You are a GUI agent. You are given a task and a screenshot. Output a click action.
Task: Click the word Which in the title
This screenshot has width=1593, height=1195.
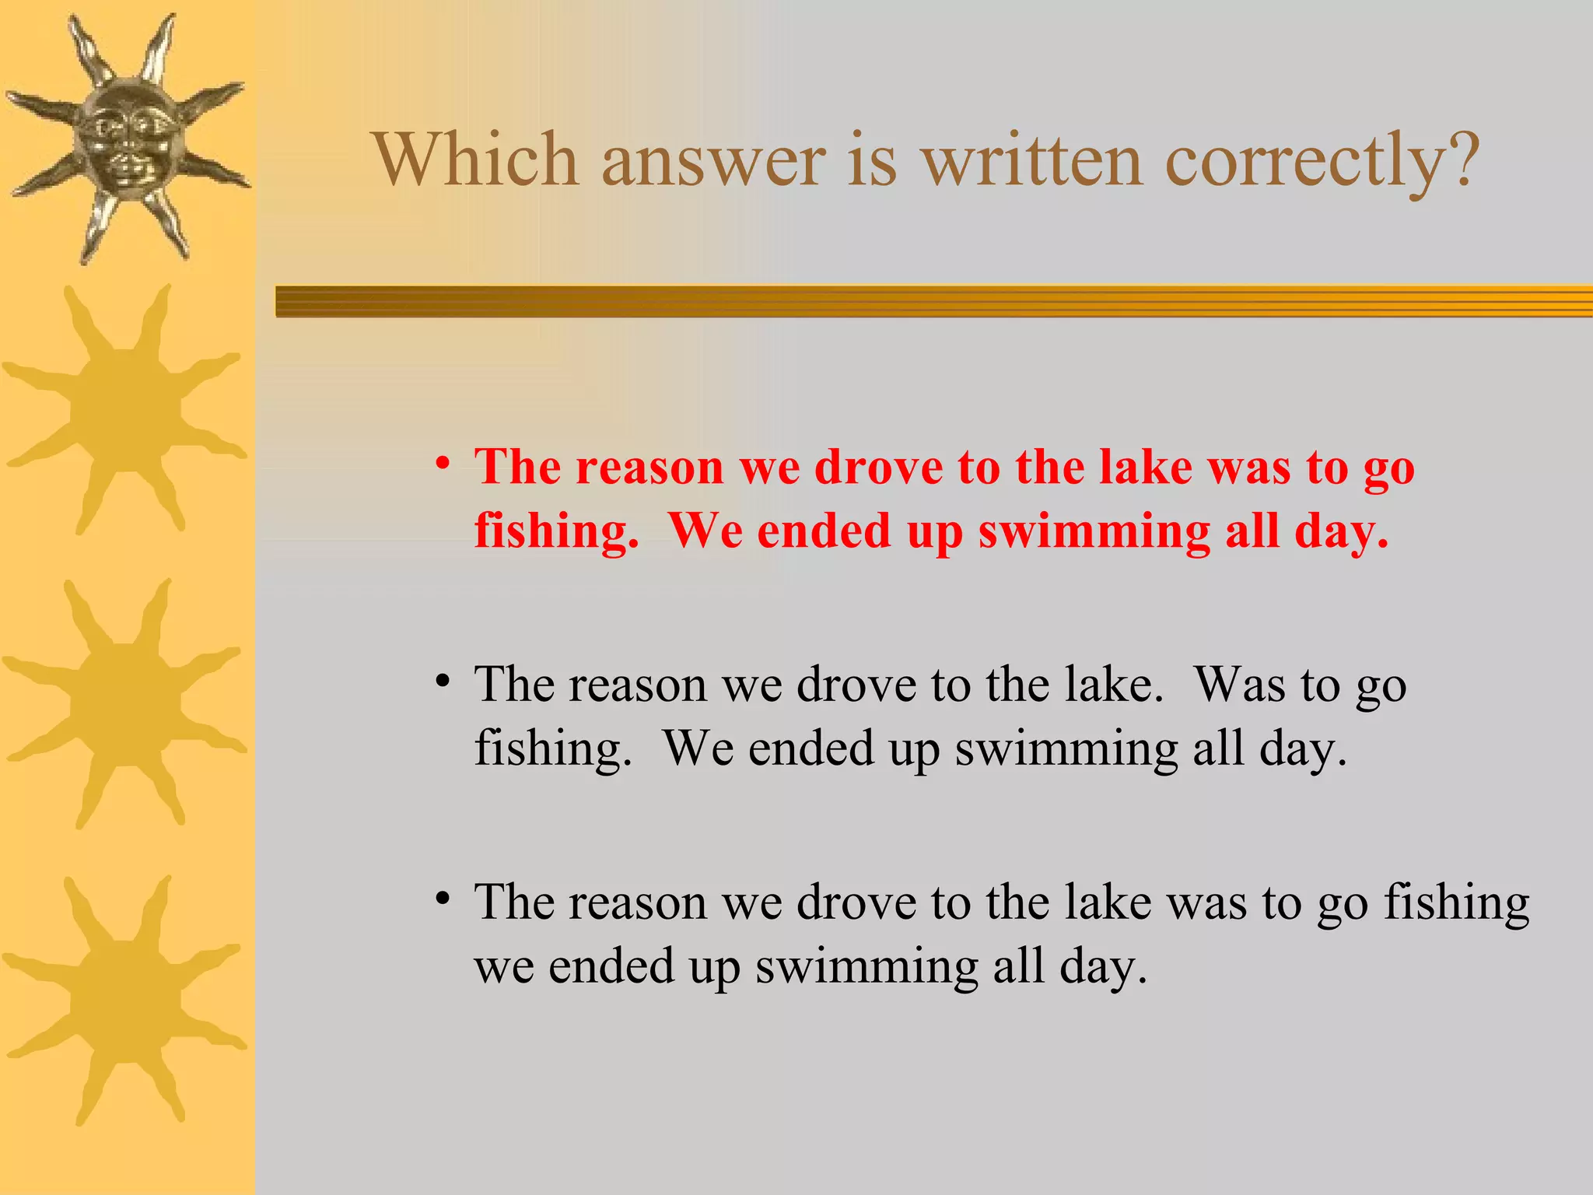click(476, 159)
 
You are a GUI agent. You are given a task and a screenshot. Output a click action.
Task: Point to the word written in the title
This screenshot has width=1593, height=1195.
click(1031, 159)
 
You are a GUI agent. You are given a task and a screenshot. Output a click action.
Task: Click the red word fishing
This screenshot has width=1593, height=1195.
click(555, 532)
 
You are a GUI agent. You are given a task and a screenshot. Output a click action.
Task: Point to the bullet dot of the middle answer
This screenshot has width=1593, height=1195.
click(443, 682)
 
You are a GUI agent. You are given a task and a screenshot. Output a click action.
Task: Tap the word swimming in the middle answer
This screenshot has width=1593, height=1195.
click(1066, 750)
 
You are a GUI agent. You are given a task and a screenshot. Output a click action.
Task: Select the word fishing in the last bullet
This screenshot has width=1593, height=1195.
click(1456, 904)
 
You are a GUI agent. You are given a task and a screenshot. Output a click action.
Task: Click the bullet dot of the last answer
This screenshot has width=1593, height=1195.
click(443, 899)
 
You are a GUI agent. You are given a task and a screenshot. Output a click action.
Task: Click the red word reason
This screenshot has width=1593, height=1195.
click(650, 468)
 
